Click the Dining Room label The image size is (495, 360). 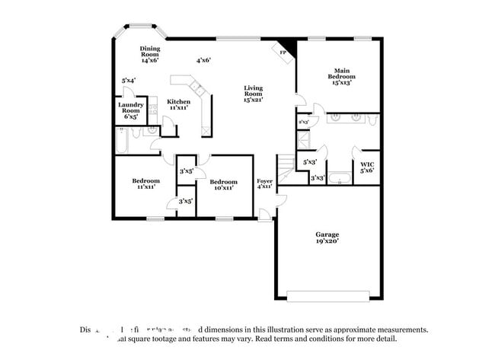(x=149, y=54)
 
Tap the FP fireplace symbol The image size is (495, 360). (x=283, y=52)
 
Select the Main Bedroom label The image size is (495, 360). (x=341, y=77)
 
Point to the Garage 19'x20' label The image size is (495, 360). (x=327, y=237)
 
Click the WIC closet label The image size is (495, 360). (x=367, y=167)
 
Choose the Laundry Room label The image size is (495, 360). (x=131, y=111)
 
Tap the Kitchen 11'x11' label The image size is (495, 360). (x=179, y=104)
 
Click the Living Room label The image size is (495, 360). (x=254, y=93)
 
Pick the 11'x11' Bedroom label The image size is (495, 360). (x=145, y=183)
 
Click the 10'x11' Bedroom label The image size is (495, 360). (x=223, y=185)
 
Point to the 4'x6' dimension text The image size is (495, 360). (x=203, y=60)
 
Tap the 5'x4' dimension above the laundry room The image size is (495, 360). (x=129, y=80)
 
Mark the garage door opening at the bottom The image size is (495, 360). (x=327, y=295)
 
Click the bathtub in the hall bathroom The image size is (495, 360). (x=122, y=142)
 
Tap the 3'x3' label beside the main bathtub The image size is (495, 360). (x=318, y=178)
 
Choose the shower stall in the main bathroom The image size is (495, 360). (x=304, y=140)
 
